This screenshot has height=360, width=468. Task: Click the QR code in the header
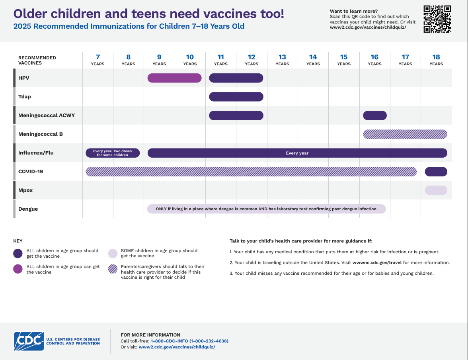tap(437, 19)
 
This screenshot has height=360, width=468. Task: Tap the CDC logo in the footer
tap(29, 341)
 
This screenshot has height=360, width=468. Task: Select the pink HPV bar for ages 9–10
tap(174, 78)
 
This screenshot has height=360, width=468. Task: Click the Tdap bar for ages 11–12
tap(236, 97)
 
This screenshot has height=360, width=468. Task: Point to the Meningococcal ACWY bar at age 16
tap(374, 115)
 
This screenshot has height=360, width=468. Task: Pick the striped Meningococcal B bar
tap(405, 134)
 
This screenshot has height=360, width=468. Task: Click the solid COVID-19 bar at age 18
tap(436, 172)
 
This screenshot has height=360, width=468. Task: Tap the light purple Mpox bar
tap(436, 190)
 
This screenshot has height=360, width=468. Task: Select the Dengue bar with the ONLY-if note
tap(266, 209)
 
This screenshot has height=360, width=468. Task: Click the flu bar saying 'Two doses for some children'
tap(113, 153)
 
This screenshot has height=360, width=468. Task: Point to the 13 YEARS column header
tap(282, 60)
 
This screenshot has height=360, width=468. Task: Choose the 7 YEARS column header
tap(97, 60)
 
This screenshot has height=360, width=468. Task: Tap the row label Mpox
tap(25, 190)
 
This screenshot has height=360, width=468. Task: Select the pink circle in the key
tap(18, 269)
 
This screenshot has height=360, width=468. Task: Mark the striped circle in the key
tap(113, 269)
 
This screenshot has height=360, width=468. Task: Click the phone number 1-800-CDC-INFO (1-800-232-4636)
tap(189, 341)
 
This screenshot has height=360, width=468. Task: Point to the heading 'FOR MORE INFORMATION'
tap(150, 335)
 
